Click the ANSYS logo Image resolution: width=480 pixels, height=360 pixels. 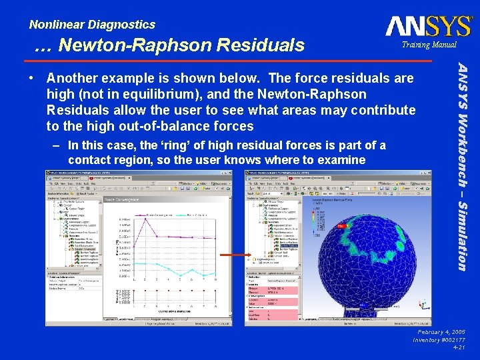(x=428, y=26)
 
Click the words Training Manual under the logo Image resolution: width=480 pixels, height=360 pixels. (x=429, y=45)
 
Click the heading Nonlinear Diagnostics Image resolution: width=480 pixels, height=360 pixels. (x=92, y=25)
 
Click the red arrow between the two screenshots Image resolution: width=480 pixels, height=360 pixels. (x=234, y=255)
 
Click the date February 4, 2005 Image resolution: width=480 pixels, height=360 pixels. (x=440, y=331)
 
